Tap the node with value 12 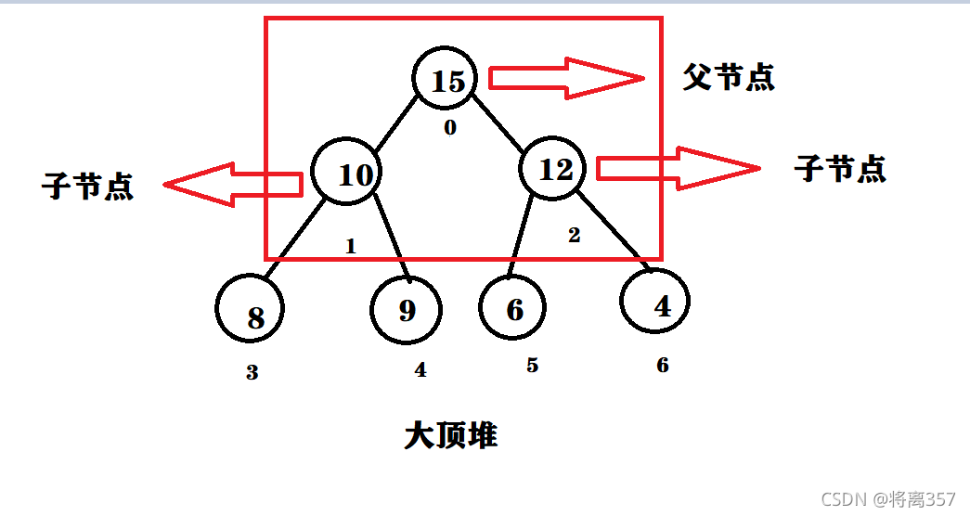(x=555, y=168)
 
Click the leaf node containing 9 (x=406, y=309)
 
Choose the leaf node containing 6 (x=514, y=308)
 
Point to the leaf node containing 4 (x=655, y=303)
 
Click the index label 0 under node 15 (x=450, y=128)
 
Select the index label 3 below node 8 (x=252, y=373)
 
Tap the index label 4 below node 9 (x=420, y=369)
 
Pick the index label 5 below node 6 (x=532, y=366)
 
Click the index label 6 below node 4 (x=662, y=366)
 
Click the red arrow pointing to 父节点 (x=565, y=78)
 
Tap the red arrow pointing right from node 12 (x=678, y=168)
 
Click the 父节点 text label (x=729, y=78)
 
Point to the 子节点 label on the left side (x=87, y=187)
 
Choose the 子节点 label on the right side (x=840, y=168)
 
